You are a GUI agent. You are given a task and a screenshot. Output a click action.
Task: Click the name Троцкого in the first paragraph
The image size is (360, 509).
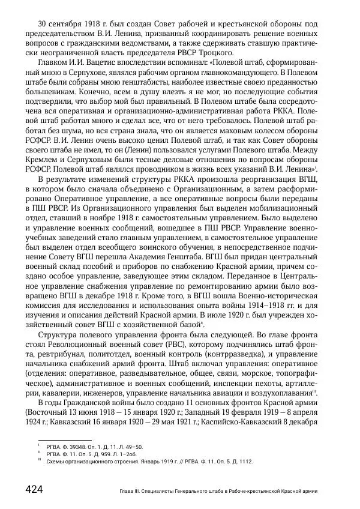[224, 53]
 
